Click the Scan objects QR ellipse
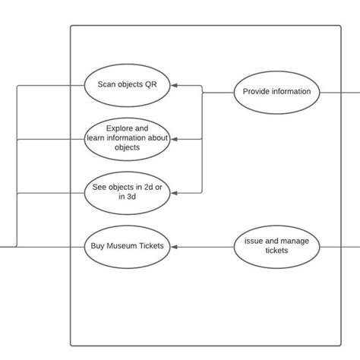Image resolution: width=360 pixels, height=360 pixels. [x=128, y=85]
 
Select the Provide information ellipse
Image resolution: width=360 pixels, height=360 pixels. [x=276, y=92]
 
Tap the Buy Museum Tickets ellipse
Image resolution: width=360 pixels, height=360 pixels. [x=128, y=246]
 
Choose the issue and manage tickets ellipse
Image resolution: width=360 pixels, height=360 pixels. [x=276, y=246]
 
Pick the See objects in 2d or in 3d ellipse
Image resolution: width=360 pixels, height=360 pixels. [x=128, y=193]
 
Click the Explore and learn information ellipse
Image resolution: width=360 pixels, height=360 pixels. [x=128, y=138]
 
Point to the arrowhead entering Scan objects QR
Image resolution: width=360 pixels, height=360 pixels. [x=175, y=86]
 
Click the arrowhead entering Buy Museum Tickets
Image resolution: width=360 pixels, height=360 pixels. [x=175, y=246]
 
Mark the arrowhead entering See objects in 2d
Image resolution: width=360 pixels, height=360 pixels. [x=175, y=193]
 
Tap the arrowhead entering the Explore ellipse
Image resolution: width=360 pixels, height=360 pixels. [x=175, y=139]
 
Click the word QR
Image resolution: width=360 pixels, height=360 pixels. [x=151, y=85]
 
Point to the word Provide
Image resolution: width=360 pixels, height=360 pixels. [x=256, y=92]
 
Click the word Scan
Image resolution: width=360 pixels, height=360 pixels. [x=107, y=85]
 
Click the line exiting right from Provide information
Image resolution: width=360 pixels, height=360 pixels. [x=339, y=92]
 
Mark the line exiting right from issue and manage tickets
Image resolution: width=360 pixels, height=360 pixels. [x=339, y=246]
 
